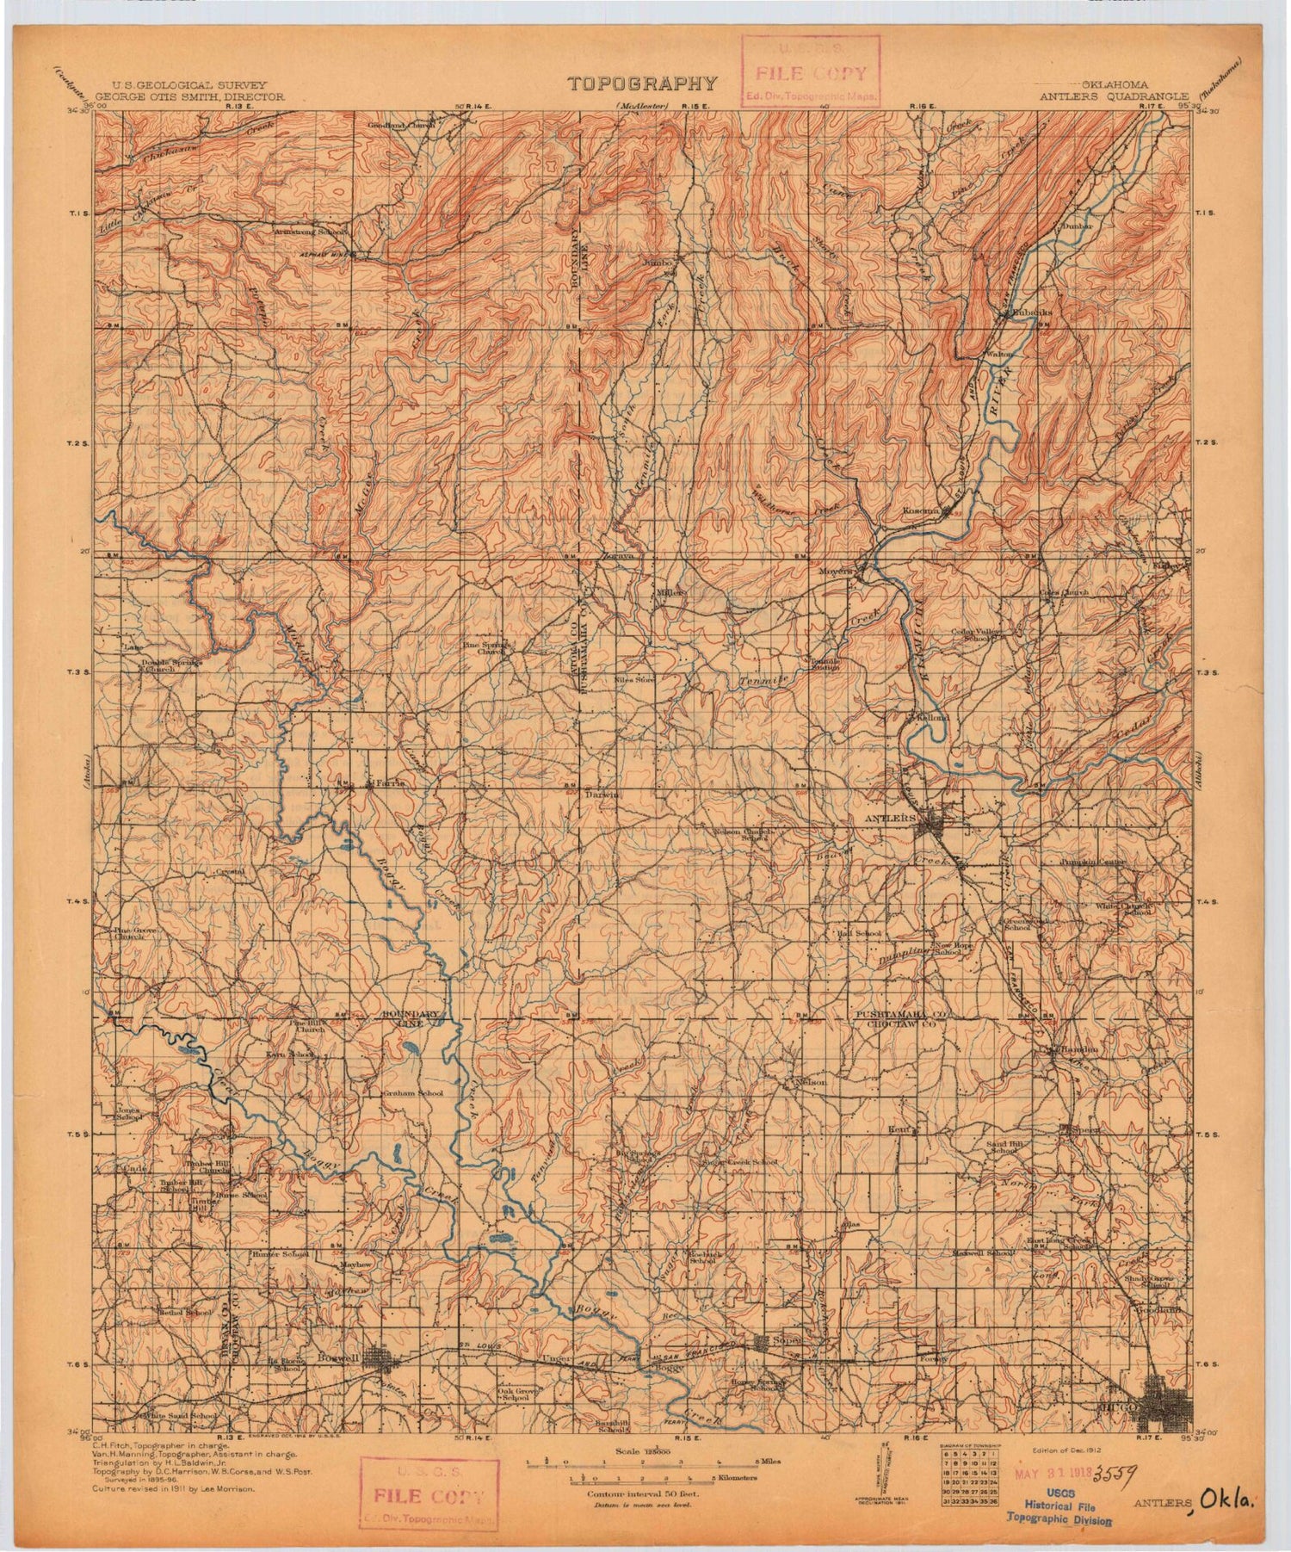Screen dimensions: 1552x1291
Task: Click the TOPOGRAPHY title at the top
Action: pos(642,83)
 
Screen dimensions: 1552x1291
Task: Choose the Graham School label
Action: pos(413,1093)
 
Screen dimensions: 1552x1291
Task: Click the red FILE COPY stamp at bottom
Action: pos(428,1496)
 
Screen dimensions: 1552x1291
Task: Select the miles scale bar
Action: pos(642,1463)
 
